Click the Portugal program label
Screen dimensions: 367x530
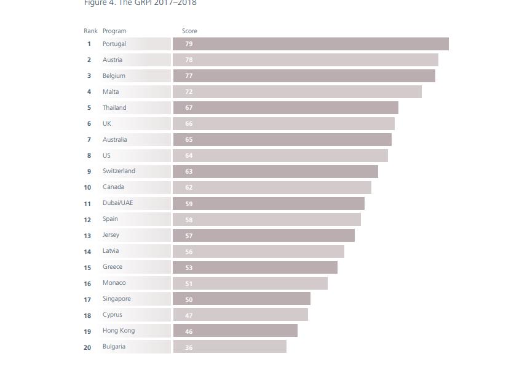point(114,44)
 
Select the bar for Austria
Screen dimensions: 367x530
point(305,60)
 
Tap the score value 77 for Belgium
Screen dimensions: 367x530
point(189,76)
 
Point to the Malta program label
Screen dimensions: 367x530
point(111,92)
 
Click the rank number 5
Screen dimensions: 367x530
point(89,108)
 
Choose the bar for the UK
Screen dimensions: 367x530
point(283,124)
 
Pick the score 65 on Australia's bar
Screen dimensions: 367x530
point(189,140)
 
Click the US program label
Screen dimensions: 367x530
point(106,156)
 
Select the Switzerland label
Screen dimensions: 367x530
point(119,171)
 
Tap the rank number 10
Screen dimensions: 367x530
point(87,188)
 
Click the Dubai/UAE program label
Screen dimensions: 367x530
point(117,203)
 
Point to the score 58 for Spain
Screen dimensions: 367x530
point(189,220)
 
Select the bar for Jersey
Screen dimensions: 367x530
point(263,236)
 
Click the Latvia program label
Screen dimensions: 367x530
point(111,251)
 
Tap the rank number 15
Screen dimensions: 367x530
point(87,268)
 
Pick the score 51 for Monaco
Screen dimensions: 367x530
point(189,284)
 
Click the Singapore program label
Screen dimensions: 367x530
point(116,299)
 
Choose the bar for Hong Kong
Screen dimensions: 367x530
point(235,331)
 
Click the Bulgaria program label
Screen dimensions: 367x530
point(114,347)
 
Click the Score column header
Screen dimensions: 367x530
point(189,31)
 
